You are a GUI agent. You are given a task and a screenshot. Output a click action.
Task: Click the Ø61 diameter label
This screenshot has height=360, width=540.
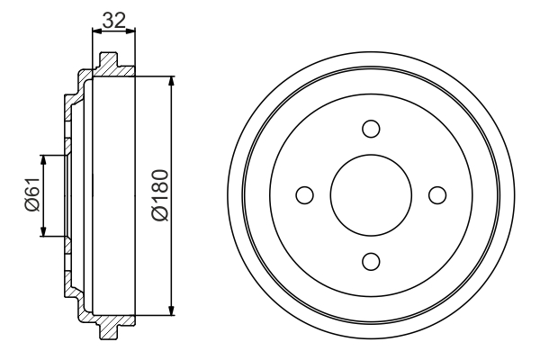click(30, 195)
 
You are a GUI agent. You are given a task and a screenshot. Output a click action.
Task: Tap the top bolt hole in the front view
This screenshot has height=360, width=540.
click(371, 129)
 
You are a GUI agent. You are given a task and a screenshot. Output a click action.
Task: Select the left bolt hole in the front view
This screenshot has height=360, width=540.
click(304, 194)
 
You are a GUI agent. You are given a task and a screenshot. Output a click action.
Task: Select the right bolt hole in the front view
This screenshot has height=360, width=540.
click(437, 194)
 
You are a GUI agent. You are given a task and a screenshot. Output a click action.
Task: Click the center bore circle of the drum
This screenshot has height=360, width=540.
click(371, 194)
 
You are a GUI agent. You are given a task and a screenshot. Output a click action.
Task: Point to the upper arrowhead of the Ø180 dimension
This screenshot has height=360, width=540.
click(171, 79)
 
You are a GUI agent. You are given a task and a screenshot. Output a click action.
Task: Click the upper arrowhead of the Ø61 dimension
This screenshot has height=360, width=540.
click(43, 160)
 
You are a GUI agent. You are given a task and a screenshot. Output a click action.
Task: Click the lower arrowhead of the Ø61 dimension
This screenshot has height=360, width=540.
click(43, 231)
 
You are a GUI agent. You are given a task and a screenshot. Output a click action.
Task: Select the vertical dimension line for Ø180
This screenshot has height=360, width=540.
click(171, 135)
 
